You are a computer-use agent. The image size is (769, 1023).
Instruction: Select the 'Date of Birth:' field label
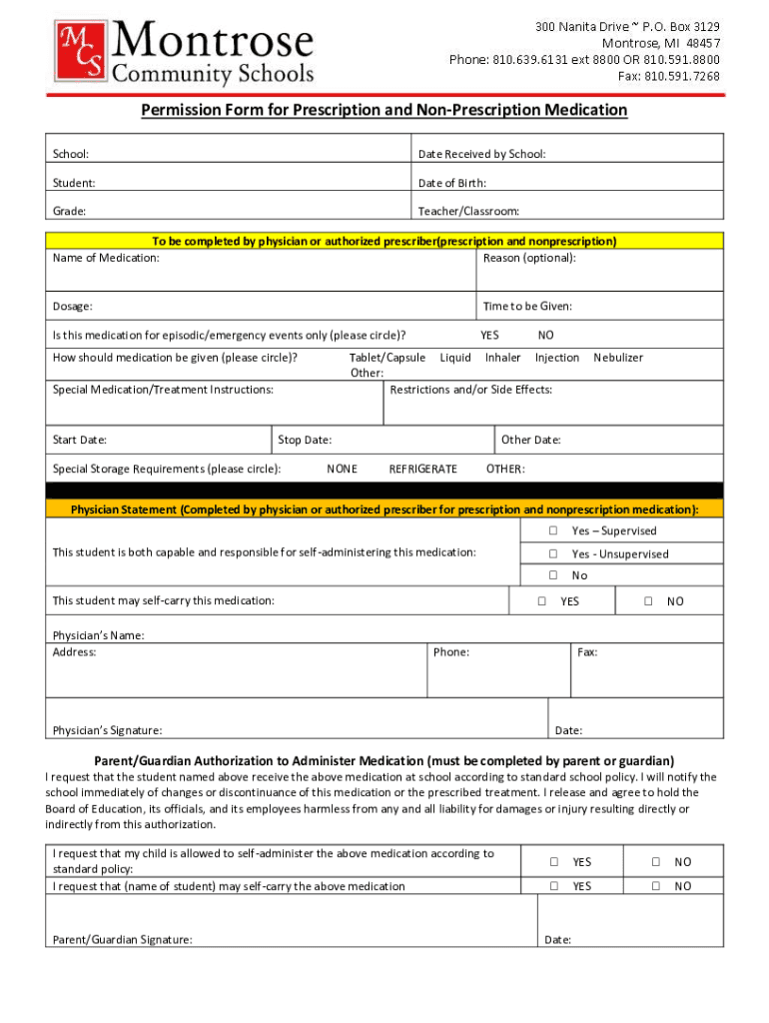pos(452,183)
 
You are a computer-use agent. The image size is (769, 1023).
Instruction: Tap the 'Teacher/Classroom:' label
pos(468,211)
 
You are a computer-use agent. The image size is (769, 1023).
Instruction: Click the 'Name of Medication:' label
pos(105,258)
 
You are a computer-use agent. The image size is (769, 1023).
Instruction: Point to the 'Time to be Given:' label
pos(527,307)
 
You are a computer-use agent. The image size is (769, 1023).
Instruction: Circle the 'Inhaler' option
pos(502,357)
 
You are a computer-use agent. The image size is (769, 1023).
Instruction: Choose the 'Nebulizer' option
pos(618,357)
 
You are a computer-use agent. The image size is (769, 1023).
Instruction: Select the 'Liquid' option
pos(455,357)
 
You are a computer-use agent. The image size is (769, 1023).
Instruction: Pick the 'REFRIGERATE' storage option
pos(422,469)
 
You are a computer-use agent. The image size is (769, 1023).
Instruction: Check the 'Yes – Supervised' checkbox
pos(552,530)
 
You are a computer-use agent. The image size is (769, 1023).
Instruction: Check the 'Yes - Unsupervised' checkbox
pos(552,553)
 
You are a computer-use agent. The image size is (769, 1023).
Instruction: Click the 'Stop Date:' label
pos(305,440)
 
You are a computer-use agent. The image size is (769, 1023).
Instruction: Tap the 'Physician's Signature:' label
pos(107,730)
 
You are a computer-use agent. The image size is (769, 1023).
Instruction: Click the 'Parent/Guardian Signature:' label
pos(122,939)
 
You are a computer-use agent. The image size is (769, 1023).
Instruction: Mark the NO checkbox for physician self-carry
pos(648,601)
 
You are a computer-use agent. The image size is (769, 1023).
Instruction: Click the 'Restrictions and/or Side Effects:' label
pos(470,390)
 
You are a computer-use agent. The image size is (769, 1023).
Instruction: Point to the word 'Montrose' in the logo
pos(214,42)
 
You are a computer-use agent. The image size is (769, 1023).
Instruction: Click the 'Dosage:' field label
pos(73,307)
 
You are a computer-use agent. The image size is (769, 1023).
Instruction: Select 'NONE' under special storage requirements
pos(342,469)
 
